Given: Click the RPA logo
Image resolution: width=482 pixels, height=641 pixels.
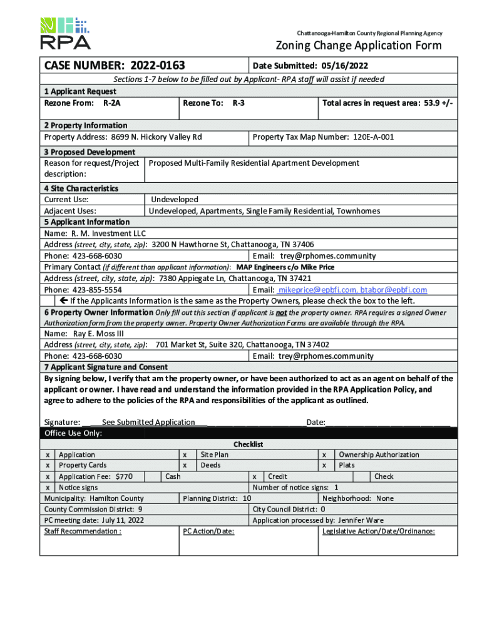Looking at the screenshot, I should coord(65,33).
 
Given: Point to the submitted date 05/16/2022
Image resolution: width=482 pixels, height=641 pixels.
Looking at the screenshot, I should coord(346,66).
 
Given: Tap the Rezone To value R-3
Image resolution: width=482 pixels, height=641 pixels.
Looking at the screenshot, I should coord(238,102).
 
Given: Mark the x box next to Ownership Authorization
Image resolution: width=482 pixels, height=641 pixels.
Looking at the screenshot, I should coord(324,454).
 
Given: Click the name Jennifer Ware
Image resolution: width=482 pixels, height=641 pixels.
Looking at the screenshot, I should coord(361,520).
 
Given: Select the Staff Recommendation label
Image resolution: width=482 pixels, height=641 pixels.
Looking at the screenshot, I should coord(83,531).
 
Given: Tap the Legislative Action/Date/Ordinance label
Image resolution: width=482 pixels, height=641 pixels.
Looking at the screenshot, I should coord(378,531).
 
